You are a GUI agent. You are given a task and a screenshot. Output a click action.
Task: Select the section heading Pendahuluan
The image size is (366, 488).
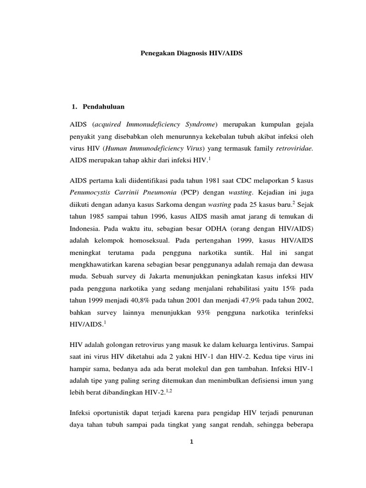coord(103,106)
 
